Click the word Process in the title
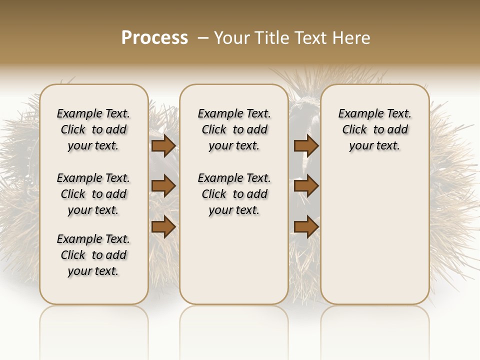pos(154,37)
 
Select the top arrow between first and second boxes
pos(163,145)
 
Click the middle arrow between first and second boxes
pos(163,186)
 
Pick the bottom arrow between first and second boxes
pos(163,227)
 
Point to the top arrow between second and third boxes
pos(306,145)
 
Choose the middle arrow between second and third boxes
pos(306,186)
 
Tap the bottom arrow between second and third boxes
pos(306,227)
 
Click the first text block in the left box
pos(93,129)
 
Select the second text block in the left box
pos(93,194)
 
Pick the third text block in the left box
pos(93,255)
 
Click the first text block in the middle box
pos(234,129)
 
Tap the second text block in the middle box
pos(234,194)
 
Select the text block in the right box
pos(374,129)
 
